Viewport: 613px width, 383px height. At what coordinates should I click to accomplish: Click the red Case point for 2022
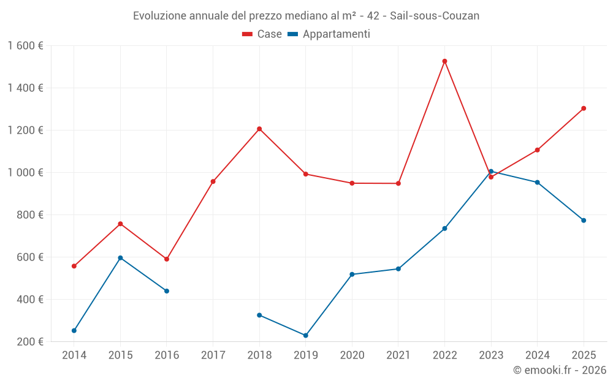[x=444, y=61]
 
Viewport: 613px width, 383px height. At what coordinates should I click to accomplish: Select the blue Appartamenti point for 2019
[x=305, y=335]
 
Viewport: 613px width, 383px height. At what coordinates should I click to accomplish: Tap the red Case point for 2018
[x=259, y=129]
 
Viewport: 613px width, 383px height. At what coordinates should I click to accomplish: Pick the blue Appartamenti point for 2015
[x=120, y=258]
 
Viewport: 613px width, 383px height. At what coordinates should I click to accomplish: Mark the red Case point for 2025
[x=584, y=108]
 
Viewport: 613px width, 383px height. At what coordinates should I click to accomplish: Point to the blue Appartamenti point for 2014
[x=74, y=330]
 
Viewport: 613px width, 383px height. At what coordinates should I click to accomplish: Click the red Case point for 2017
[x=213, y=181]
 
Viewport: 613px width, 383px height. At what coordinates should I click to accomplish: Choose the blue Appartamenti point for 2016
[x=167, y=291]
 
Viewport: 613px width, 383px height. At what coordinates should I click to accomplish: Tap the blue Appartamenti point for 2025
[x=584, y=221]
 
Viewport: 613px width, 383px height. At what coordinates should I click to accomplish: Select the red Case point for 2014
[x=74, y=266]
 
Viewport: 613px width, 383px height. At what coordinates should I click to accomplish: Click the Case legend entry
[x=262, y=34]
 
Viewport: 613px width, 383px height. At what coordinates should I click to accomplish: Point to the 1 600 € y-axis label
[x=25, y=46]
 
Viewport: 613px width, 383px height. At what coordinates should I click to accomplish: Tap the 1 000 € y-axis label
[x=25, y=173]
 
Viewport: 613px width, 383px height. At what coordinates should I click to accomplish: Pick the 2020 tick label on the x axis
[x=352, y=355]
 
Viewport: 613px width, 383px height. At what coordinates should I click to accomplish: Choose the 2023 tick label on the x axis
[x=491, y=355]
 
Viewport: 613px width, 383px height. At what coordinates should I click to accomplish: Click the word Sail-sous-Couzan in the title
[x=435, y=16]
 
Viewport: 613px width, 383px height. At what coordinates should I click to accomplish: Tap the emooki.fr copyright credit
[x=560, y=370]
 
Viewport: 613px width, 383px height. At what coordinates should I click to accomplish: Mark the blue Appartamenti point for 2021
[x=398, y=269]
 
